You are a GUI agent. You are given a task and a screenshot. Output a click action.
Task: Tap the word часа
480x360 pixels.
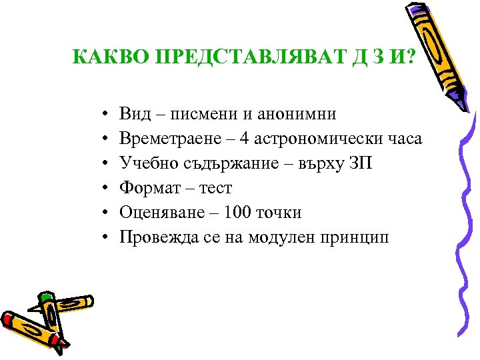click(402, 139)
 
